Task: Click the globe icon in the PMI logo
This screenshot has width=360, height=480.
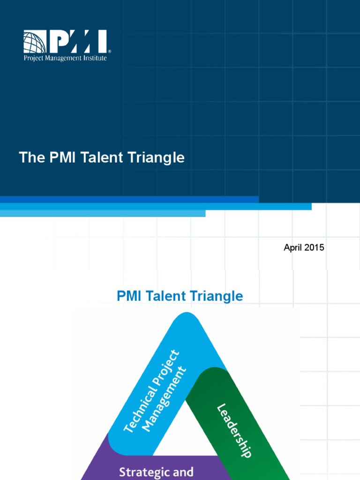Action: (x=35, y=42)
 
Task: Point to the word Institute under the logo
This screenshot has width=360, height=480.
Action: (x=95, y=58)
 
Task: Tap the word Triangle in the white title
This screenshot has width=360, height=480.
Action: (x=157, y=157)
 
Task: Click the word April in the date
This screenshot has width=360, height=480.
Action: (x=293, y=247)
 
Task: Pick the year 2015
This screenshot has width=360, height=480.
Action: (x=314, y=247)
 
